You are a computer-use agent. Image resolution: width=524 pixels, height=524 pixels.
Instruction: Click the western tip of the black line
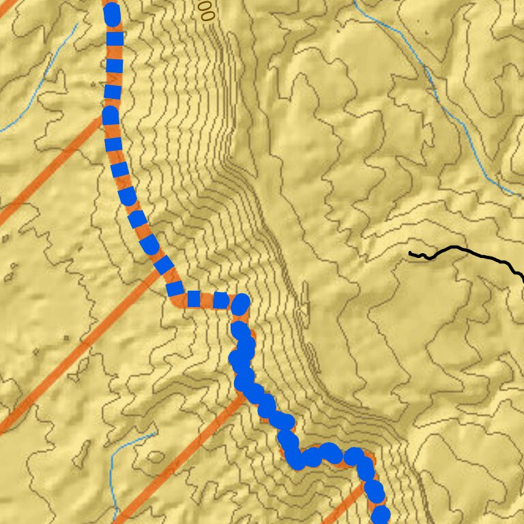pyautogui.click(x=410, y=254)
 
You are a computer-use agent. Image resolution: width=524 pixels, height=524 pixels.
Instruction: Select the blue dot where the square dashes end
pyautogui.click(x=241, y=304)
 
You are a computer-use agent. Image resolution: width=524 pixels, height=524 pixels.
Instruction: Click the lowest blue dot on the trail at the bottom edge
pyautogui.click(x=381, y=515)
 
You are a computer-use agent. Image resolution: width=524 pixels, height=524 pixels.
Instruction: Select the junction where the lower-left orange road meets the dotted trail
pyautogui.click(x=244, y=394)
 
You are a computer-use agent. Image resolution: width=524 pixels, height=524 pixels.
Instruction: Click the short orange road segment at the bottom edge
pyautogui.click(x=348, y=505)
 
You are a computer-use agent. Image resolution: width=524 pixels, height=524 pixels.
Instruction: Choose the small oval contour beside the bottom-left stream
pyautogui.click(x=89, y=450)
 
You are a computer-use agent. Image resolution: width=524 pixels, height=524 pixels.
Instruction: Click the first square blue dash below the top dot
pyautogui.click(x=115, y=39)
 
